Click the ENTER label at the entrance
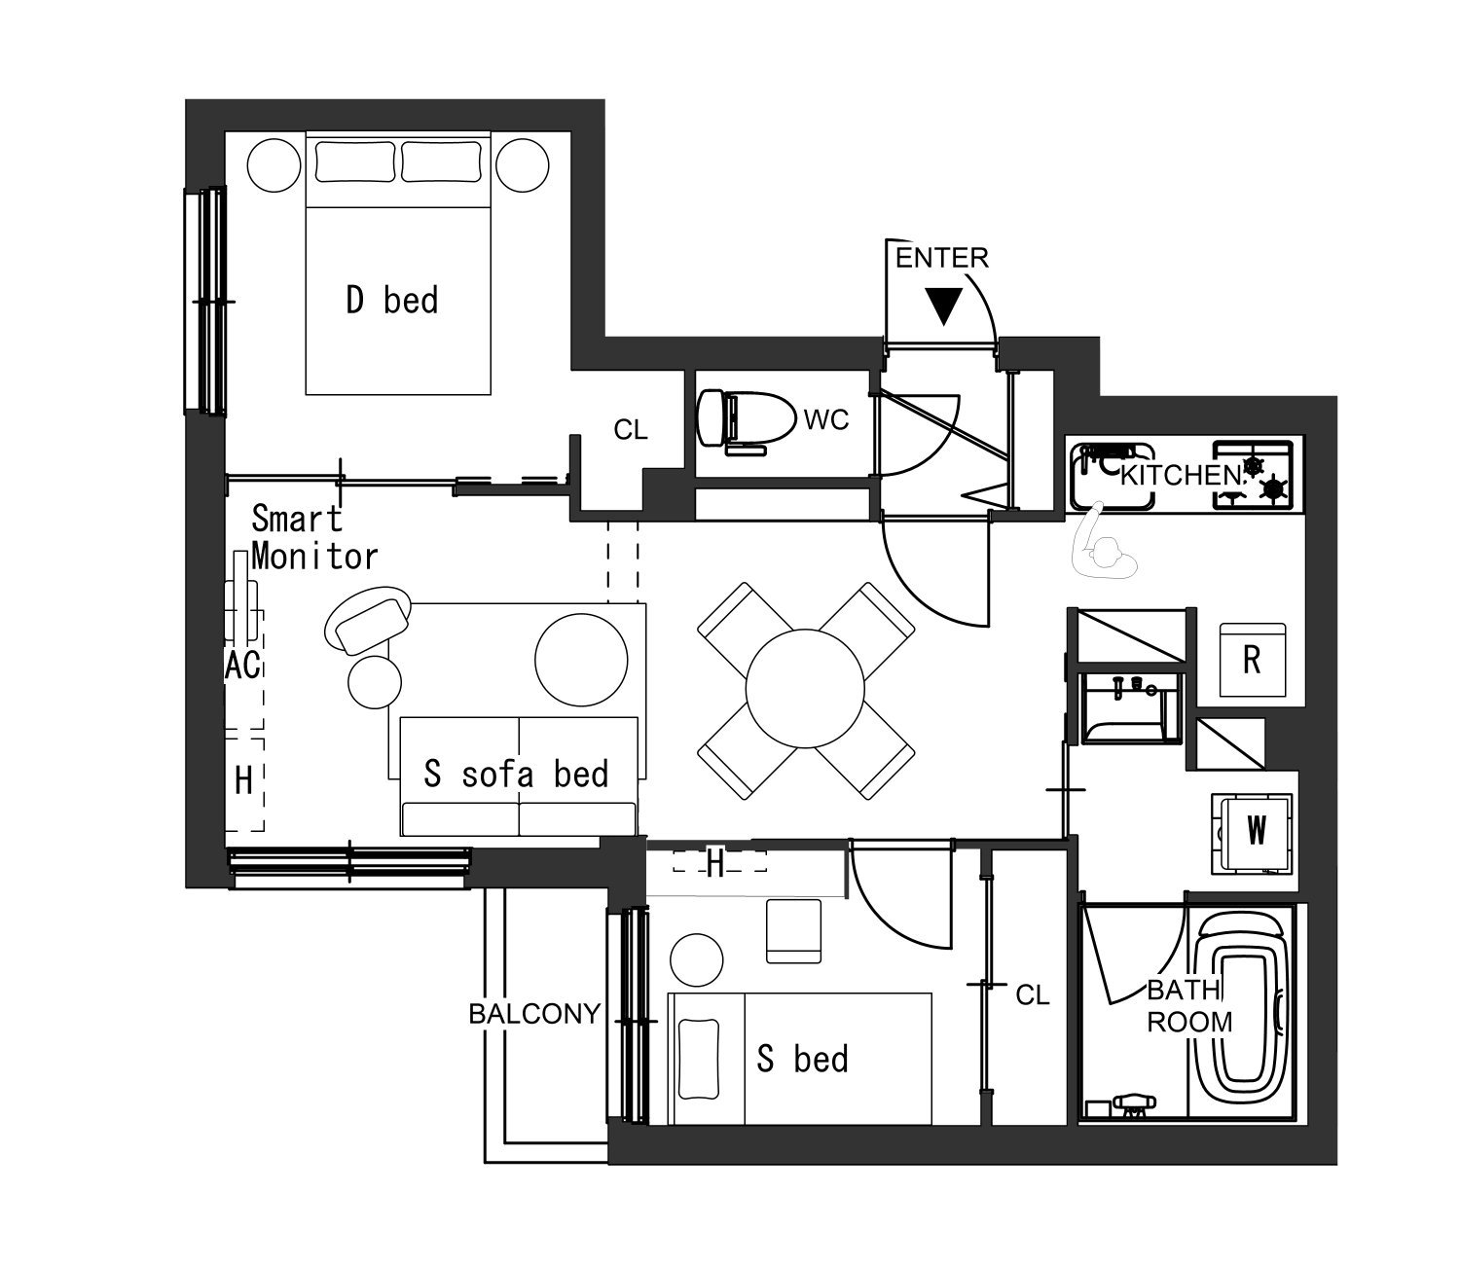pos(941,259)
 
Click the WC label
pos(825,420)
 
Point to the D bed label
pos(392,300)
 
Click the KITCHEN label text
pos(1181,476)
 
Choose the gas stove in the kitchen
pos(1253,475)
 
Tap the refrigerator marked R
pos(1253,660)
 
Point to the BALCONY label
pos(534,1014)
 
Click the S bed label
pos(802,1060)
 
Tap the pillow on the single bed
pos(699,1059)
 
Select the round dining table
pos(805,688)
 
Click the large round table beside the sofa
pos(581,660)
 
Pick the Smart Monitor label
pos(314,538)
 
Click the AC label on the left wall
pos(243,666)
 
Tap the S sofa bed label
pos(516,774)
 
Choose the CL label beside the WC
pos(631,429)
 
